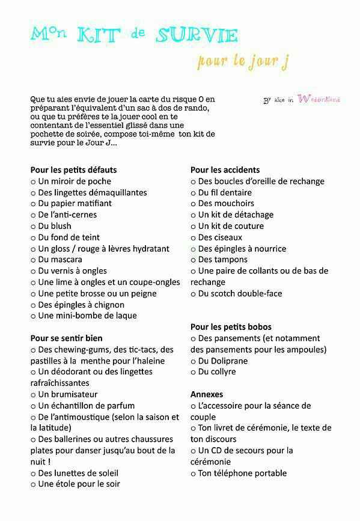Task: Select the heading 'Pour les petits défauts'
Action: tap(73, 170)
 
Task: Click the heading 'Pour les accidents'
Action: tap(225, 170)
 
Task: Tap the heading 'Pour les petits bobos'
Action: tap(231, 327)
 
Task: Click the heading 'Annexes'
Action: tap(207, 394)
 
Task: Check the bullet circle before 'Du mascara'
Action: tap(33, 260)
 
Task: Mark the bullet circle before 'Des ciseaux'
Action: tap(194, 237)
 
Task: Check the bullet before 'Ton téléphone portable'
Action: tap(194, 474)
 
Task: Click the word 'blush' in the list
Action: tap(61, 226)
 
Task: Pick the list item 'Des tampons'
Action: tap(222, 260)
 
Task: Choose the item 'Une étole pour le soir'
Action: tap(79, 484)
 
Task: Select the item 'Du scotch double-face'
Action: tap(240, 293)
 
